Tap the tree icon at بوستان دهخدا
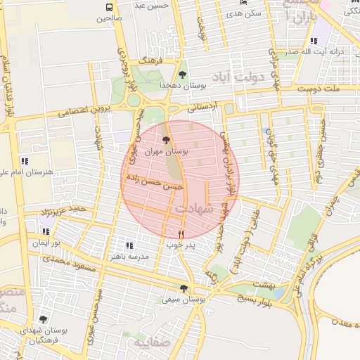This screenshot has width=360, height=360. [183, 74]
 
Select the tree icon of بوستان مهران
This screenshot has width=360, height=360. [166, 141]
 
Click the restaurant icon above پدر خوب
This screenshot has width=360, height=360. [181, 234]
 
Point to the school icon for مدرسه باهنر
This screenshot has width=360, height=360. [129, 245]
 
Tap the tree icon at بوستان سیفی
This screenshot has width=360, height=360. [184, 288]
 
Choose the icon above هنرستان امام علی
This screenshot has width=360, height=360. [25, 161]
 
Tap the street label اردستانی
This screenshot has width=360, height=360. [203, 107]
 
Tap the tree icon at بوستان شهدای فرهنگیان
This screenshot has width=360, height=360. [43, 319]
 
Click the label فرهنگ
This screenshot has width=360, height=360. [150, 61]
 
